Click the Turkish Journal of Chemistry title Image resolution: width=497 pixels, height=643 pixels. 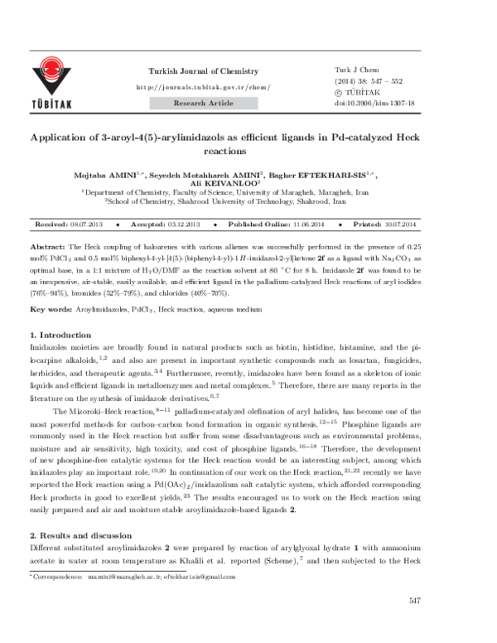click(x=191, y=73)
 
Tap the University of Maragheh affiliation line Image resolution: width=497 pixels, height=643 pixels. click(x=248, y=193)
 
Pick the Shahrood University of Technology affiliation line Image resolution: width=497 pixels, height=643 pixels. click(x=248, y=202)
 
